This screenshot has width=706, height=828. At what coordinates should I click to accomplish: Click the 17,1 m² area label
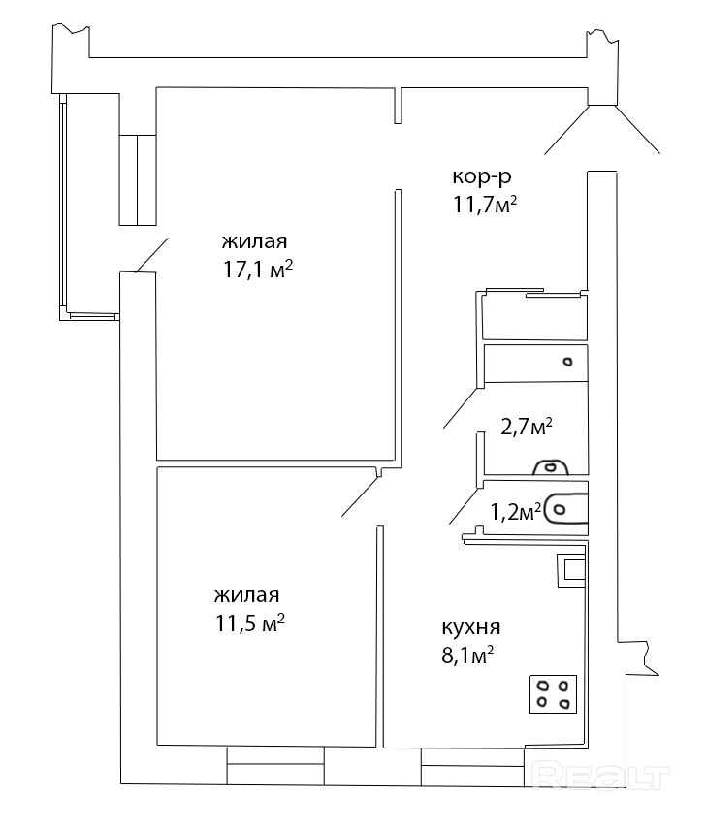tap(258, 271)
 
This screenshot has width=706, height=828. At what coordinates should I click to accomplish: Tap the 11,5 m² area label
tap(250, 623)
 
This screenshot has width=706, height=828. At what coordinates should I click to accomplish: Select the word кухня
tap(471, 628)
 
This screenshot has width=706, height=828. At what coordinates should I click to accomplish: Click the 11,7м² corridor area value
tap(484, 205)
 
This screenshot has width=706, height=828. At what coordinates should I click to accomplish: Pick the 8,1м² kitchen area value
tap(467, 658)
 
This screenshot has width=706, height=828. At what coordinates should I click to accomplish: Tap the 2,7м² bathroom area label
tap(526, 427)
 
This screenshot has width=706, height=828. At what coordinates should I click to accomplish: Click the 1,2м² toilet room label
tap(516, 512)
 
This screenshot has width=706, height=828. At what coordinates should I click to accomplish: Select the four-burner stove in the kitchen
tap(553, 694)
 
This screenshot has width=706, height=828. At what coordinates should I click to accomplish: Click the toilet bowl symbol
tap(565, 510)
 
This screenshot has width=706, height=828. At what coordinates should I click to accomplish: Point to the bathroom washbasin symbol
tap(550, 466)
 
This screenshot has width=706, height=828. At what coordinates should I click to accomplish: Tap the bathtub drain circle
tap(567, 362)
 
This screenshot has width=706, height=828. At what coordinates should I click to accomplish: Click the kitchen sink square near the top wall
tap(572, 570)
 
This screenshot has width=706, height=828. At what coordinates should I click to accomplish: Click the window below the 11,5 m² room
tap(275, 765)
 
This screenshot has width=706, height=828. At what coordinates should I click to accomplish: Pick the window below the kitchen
tap(472, 766)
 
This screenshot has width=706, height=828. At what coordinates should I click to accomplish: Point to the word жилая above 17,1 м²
tap(254, 241)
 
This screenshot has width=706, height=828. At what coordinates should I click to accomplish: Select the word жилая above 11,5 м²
tap(246, 595)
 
